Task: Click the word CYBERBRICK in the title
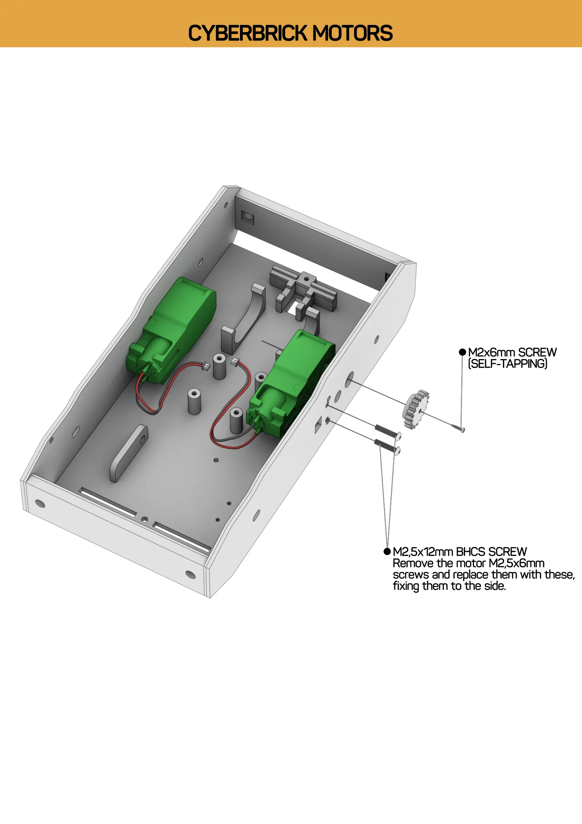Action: pos(247,33)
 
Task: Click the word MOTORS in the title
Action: pos(352,33)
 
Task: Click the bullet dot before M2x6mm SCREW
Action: pos(462,352)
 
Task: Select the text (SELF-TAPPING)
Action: pos(507,364)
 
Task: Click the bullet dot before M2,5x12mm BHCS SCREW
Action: pos(387,551)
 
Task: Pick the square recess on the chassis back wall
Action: pos(247,217)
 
